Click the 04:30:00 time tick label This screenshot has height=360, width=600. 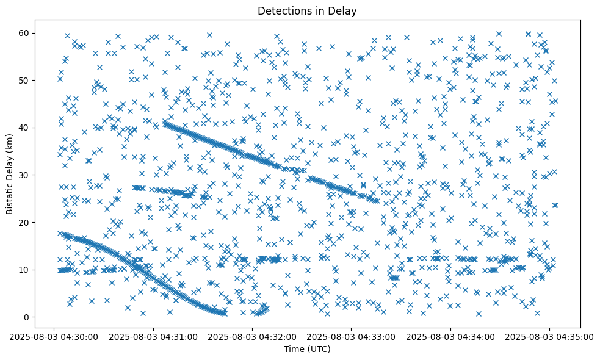[54, 336]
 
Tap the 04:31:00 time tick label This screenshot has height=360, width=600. [153, 336]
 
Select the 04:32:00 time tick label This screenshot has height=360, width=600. [252, 336]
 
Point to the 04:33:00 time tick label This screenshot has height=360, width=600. [352, 336]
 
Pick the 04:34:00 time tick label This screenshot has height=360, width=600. [450, 336]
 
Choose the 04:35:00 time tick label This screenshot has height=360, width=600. [549, 336]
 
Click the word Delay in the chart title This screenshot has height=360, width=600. [344, 10]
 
